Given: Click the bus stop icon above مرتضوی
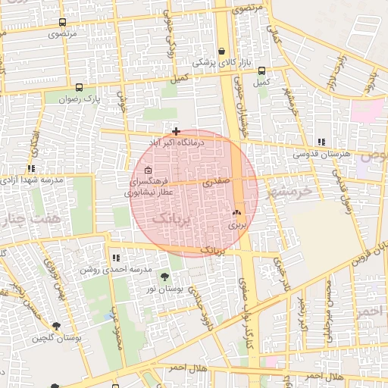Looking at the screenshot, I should tap(61, 23).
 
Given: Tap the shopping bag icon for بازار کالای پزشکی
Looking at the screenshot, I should tap(221, 51).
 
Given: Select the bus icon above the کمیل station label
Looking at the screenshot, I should tap(261, 69).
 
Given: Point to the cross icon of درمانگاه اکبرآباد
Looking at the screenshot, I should tap(176, 131).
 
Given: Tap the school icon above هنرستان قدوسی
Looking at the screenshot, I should tap(322, 142).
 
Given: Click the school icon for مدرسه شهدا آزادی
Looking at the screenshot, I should tap(31, 168).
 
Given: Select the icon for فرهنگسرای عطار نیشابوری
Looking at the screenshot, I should tap(148, 170).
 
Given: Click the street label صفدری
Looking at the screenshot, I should tap(214, 183).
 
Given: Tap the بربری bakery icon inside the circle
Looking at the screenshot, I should tap(237, 213).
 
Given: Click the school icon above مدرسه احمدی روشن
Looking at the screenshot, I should tap(115, 258).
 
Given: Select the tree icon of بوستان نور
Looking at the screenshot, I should tap(164, 276).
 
